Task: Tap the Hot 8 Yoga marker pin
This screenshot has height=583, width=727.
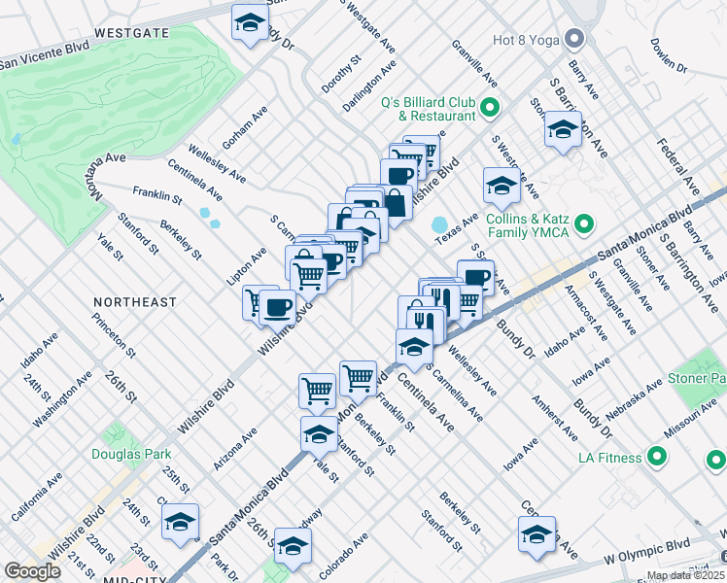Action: [575, 40]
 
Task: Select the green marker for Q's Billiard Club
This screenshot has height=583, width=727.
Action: [490, 108]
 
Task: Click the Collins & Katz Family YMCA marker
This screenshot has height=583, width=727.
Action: [584, 224]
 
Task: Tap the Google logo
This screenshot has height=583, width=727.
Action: [32, 571]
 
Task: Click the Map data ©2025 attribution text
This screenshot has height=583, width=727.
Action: [685, 575]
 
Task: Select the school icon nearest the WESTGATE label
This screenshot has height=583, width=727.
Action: [250, 23]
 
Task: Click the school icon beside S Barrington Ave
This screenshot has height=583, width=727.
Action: [563, 130]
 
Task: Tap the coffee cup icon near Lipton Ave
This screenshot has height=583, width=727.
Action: [277, 307]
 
